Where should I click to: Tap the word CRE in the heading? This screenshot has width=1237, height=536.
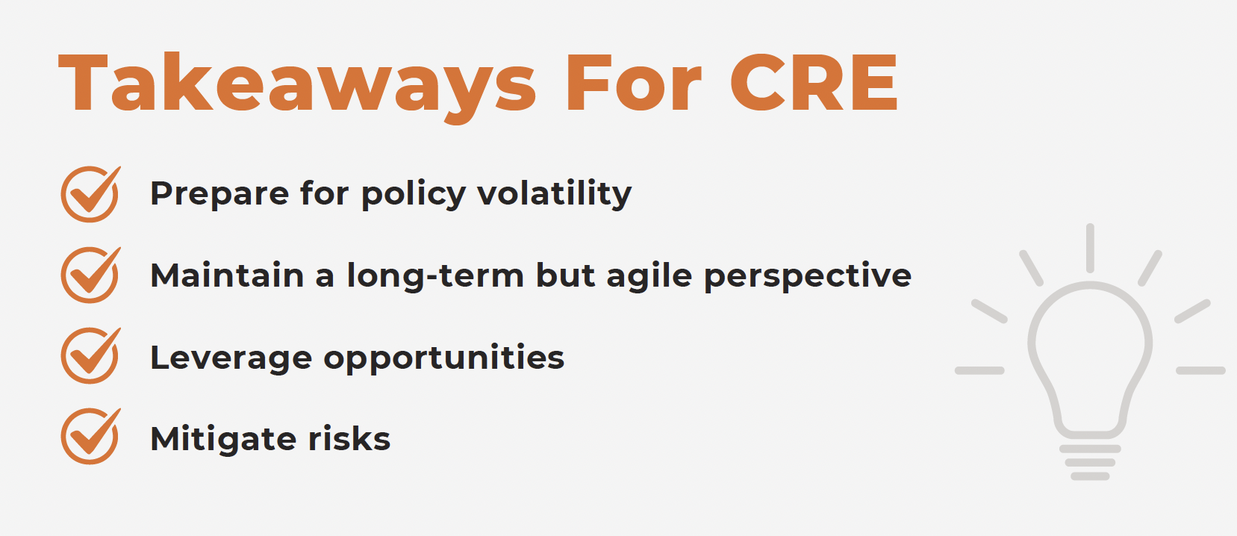814,83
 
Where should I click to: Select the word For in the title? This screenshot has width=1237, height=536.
633,83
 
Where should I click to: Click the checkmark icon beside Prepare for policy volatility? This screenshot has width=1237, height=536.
90,194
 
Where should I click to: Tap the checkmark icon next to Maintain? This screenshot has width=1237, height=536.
90,275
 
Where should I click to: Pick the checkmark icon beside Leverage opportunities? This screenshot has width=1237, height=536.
90,355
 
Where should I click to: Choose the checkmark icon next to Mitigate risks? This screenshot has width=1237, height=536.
90,436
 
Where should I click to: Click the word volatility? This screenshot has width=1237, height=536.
555,194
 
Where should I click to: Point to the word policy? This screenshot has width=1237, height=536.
414,194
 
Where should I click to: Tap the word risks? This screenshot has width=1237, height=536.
349,439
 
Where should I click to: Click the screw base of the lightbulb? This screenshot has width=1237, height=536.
1090,463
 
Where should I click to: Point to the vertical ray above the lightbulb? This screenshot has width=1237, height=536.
1090,248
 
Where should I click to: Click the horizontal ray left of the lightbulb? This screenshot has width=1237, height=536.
979,370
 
